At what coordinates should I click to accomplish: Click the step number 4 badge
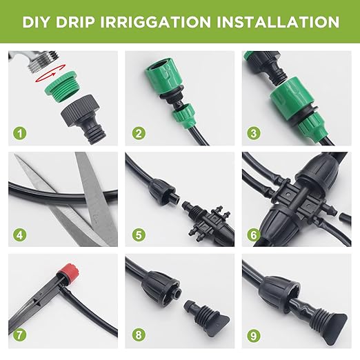pyautogui.click(x=22, y=234)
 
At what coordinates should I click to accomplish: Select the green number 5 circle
pyautogui.click(x=139, y=234)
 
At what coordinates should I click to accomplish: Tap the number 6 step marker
pyautogui.click(x=256, y=234)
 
